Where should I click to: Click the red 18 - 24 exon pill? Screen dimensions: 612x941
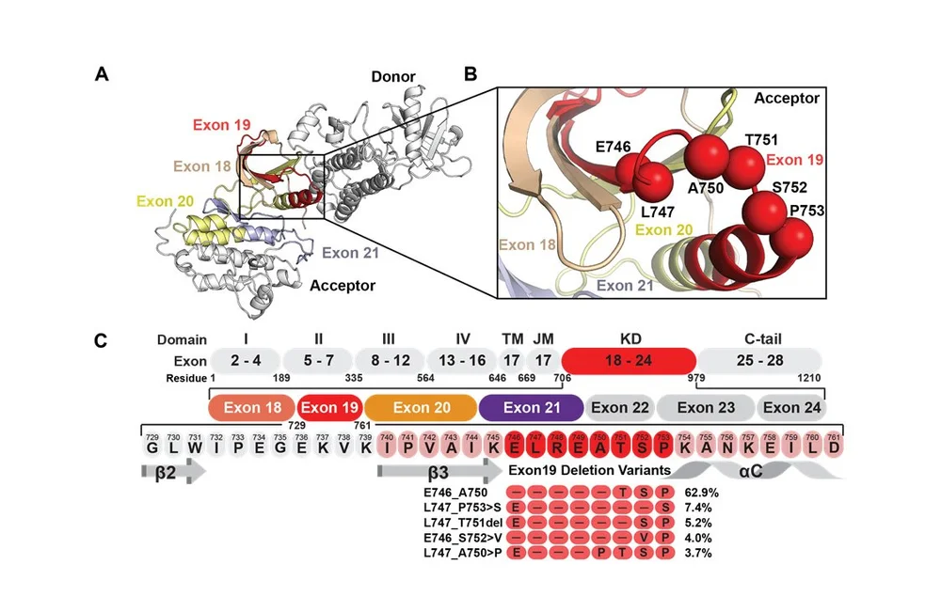629,360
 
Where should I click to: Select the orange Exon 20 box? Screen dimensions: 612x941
421,407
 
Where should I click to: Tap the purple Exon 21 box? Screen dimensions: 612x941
531,407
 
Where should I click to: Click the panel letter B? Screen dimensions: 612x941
470,73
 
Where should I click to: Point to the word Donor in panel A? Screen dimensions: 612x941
392,76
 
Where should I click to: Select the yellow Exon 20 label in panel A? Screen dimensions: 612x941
167,200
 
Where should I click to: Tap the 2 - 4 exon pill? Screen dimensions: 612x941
244,360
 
